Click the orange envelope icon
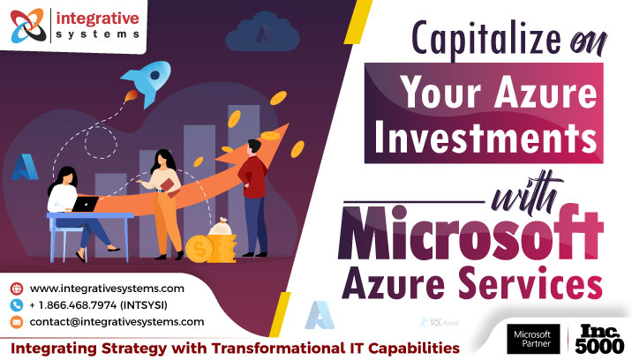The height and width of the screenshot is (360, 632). tap(16, 322)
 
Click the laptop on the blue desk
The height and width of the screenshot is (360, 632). tap(86, 204)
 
